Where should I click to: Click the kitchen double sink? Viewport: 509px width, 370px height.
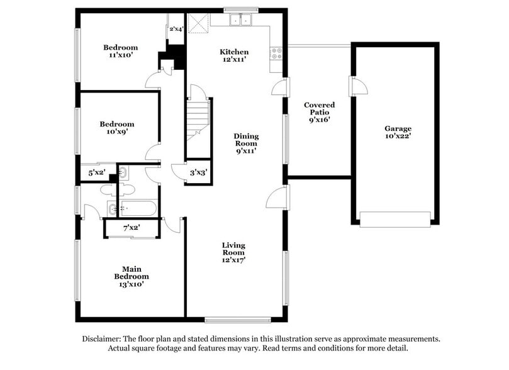(x=240, y=20)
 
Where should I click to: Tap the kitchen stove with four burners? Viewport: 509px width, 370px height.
(x=276, y=54)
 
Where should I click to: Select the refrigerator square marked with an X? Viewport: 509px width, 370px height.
(x=199, y=23)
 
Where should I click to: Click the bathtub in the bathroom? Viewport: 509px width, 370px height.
(x=138, y=207)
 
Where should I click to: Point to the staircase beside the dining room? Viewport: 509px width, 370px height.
(x=198, y=120)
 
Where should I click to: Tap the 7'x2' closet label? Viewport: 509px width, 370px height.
(x=131, y=228)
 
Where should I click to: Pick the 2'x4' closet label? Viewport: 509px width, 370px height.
(x=176, y=28)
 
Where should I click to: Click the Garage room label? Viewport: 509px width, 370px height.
(x=398, y=132)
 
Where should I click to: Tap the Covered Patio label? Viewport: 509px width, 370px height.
(x=319, y=112)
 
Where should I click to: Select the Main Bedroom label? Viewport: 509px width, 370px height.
(x=131, y=276)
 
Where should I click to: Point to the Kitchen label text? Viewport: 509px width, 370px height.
(x=233, y=52)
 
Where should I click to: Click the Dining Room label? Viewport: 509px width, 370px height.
(x=246, y=143)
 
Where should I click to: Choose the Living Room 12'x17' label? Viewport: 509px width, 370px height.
(x=233, y=252)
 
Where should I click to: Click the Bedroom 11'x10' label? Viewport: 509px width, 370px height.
(x=120, y=51)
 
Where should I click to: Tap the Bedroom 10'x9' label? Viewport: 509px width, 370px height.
(x=116, y=128)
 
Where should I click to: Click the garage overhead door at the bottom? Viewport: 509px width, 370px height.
(x=395, y=219)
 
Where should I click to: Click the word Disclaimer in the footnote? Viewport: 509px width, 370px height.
(x=103, y=339)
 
